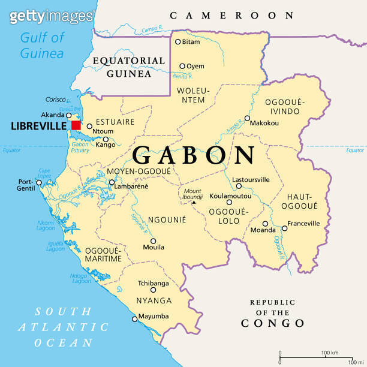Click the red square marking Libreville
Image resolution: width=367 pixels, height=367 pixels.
(76, 125)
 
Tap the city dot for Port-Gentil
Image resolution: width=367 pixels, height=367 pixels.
(40, 182)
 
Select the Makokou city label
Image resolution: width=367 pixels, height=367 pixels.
(264, 123)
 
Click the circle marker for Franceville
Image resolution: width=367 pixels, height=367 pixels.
(284, 228)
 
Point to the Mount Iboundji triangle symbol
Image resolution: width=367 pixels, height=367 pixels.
(194, 203)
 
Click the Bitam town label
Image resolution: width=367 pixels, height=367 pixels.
(191, 41)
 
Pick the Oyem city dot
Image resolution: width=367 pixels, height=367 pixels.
(183, 66)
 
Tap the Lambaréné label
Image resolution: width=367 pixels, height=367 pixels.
(132, 186)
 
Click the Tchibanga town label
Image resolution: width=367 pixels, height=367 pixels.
(153, 283)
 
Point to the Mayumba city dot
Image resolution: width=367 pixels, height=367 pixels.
(135, 319)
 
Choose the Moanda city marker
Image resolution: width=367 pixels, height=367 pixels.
(265, 224)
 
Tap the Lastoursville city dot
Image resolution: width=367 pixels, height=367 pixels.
(239, 186)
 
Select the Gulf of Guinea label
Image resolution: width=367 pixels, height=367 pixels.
(42, 46)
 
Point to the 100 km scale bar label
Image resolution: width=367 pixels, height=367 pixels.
(329, 352)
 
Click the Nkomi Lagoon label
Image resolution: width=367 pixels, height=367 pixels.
(46, 225)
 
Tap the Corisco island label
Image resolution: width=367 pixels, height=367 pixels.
(55, 100)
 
